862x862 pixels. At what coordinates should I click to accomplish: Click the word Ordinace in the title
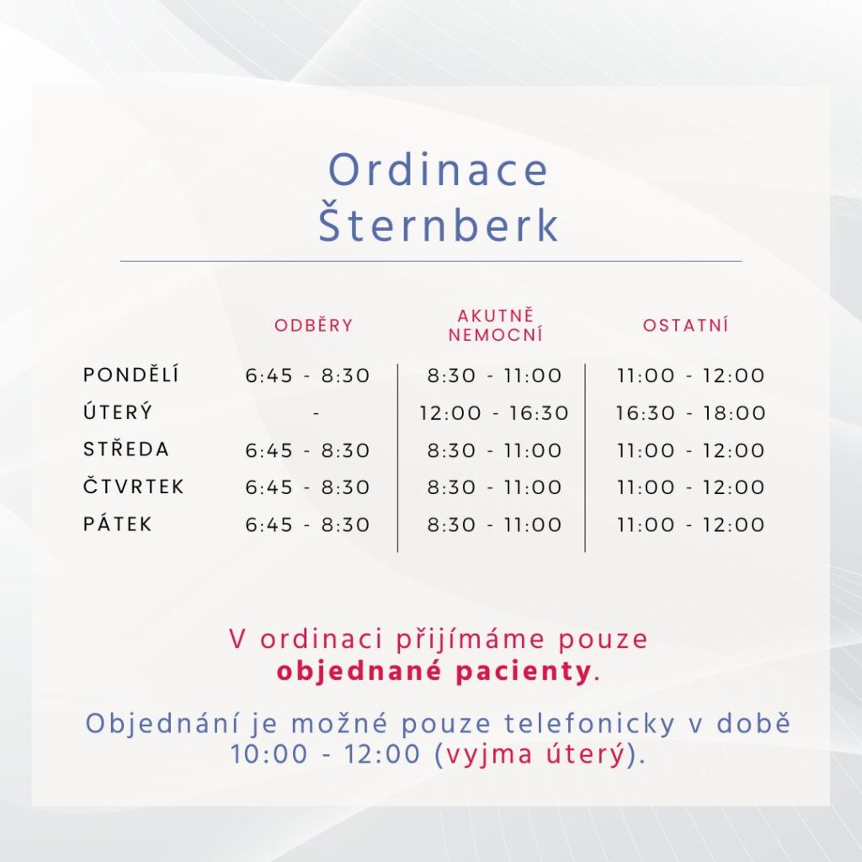(438, 169)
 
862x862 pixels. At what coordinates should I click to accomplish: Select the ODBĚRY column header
(313, 325)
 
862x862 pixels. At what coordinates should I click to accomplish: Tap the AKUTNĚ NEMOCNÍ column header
(496, 326)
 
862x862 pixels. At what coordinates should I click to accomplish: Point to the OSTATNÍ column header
(685, 325)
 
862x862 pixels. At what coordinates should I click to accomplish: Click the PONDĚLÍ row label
(130, 375)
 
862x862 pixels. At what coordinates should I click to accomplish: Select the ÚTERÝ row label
(118, 412)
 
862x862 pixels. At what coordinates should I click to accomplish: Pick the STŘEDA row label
(126, 449)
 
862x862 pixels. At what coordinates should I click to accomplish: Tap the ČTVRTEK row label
(134, 486)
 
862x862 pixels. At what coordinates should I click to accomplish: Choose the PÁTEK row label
(117, 524)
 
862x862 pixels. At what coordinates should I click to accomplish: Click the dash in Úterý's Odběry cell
(317, 412)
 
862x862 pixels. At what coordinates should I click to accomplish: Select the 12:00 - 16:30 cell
(493, 412)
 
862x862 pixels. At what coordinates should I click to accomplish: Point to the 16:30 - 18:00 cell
(690, 412)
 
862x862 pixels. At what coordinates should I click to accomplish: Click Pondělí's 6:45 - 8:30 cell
(307, 375)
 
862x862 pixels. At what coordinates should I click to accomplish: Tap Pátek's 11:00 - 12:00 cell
(690, 524)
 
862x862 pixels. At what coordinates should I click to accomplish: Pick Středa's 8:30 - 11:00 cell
(494, 450)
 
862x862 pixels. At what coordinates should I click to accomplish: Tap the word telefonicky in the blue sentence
(589, 723)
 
